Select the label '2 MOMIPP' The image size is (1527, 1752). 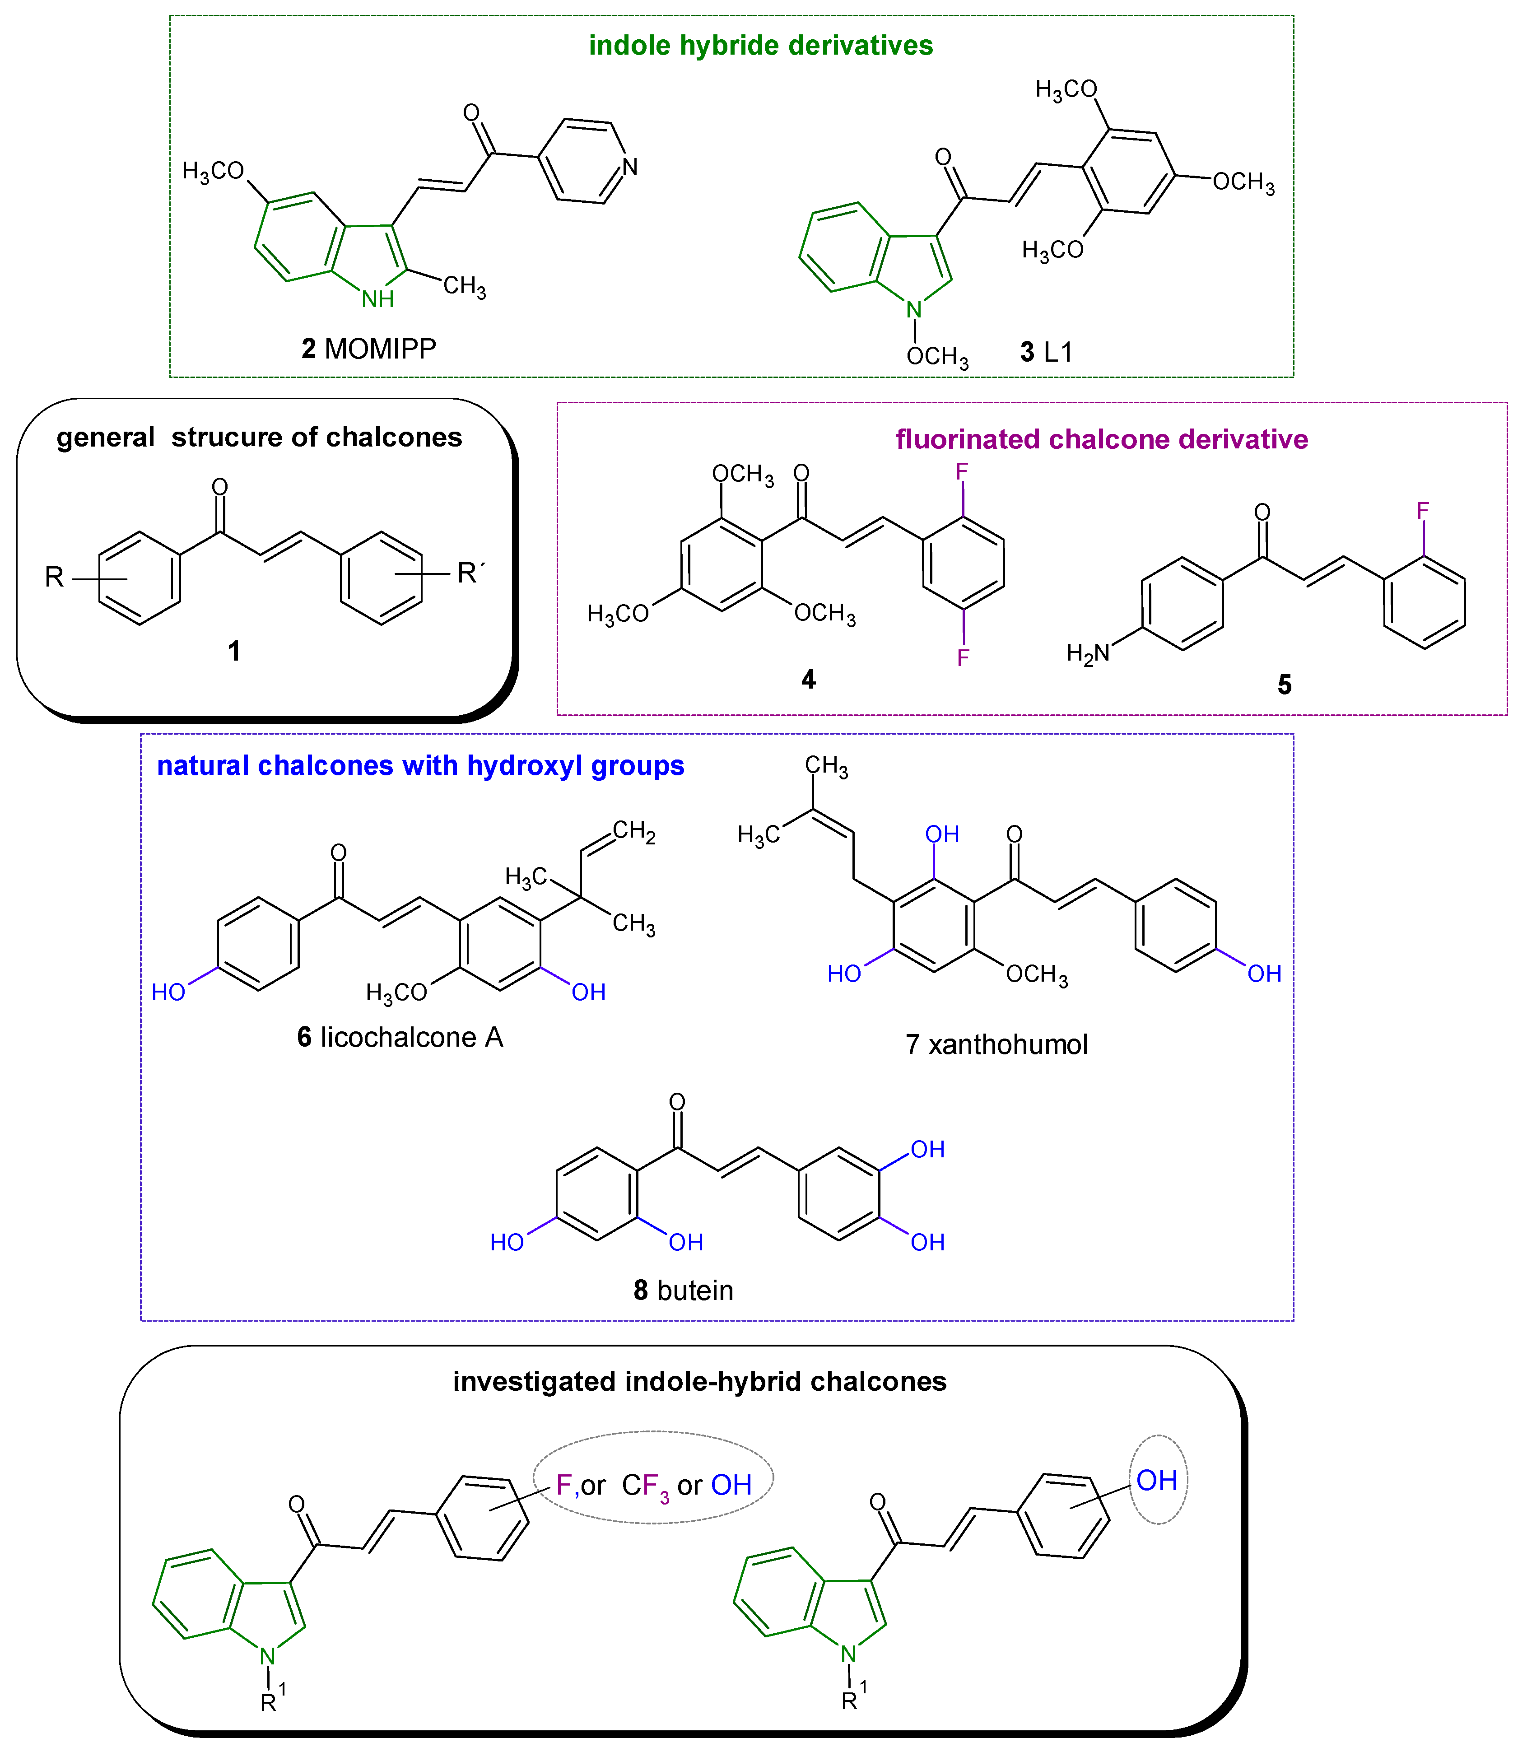click(x=369, y=349)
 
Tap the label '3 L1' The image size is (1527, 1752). click(x=1047, y=352)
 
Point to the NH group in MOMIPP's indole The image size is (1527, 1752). click(x=377, y=299)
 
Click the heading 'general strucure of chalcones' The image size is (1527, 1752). click(x=259, y=437)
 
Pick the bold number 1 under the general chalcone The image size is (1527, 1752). click(x=233, y=651)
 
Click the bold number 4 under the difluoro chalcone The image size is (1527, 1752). click(x=808, y=679)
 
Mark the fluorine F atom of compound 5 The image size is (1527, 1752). click(x=1422, y=511)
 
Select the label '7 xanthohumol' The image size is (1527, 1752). click(x=996, y=1045)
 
